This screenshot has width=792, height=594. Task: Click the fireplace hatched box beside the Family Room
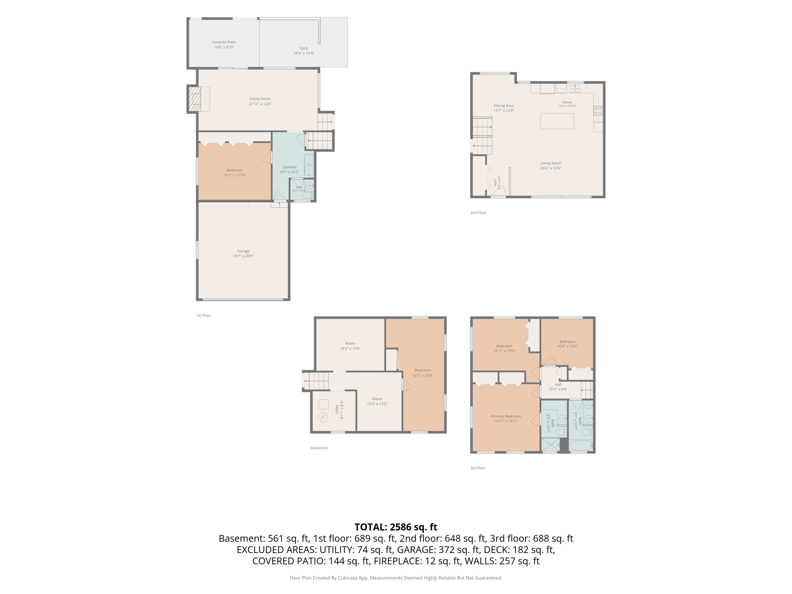click(195, 99)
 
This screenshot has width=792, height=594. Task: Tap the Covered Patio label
click(224, 42)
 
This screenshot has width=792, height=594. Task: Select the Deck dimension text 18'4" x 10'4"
click(304, 53)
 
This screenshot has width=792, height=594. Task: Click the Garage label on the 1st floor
click(243, 251)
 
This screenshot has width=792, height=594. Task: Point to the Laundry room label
click(290, 167)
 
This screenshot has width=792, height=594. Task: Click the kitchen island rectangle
click(557, 121)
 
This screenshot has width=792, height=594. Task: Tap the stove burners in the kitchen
click(598, 111)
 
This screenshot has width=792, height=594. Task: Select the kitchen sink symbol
click(575, 89)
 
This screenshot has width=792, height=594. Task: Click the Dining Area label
click(504, 106)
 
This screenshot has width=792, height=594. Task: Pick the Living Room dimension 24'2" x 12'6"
click(551, 168)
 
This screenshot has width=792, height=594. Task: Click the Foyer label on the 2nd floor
click(495, 182)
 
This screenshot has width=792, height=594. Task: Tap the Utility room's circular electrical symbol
click(323, 417)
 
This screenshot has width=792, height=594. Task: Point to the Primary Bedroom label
click(506, 416)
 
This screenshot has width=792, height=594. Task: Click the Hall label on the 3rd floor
click(558, 384)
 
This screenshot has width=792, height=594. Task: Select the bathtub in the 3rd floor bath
click(581, 445)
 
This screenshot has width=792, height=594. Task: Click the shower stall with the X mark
click(551, 444)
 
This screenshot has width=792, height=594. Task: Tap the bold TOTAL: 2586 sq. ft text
click(396, 527)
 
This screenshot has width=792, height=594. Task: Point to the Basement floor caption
click(319, 448)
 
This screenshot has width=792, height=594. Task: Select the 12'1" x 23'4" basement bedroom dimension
click(423, 376)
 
